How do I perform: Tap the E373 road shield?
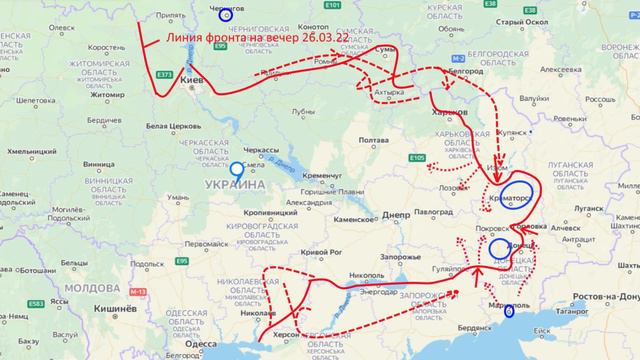165,75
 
